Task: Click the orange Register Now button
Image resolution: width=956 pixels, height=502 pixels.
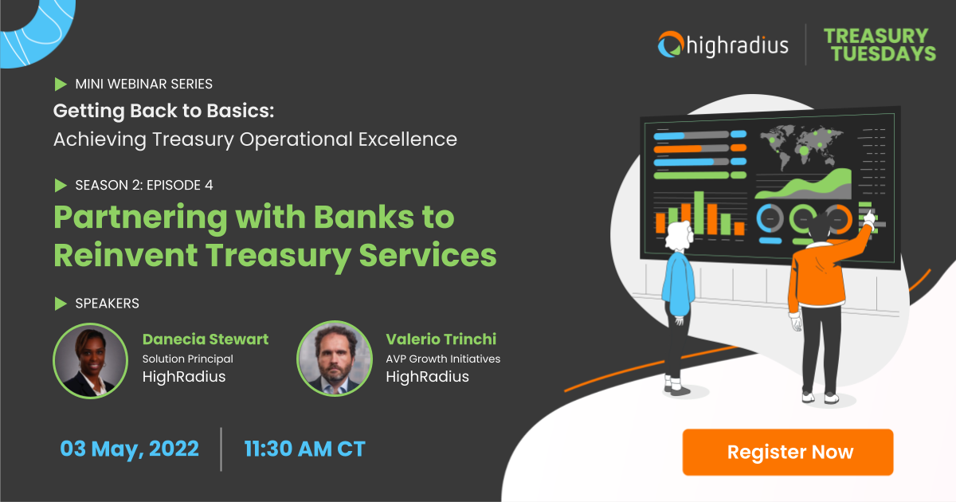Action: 788,452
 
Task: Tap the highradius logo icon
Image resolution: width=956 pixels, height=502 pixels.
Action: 671,44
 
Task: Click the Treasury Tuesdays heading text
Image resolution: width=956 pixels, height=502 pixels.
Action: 880,45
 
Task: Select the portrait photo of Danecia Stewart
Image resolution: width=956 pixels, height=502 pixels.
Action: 91,361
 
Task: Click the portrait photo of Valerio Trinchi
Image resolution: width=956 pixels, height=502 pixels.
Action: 335,359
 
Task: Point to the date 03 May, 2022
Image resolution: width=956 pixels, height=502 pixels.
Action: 129,449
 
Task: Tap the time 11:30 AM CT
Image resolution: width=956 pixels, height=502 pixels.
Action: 304,449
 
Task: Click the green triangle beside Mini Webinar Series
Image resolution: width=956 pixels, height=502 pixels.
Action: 61,84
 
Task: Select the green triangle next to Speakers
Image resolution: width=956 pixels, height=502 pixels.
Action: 61,304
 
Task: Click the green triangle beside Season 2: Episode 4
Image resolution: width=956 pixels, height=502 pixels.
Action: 61,185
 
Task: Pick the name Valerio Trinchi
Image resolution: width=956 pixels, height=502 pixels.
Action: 441,339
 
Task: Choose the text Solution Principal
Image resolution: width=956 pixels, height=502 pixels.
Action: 188,359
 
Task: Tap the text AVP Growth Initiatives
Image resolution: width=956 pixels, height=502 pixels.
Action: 443,359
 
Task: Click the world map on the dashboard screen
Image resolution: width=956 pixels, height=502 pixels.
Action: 801,145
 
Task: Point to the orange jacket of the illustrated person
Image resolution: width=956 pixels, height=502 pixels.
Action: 817,273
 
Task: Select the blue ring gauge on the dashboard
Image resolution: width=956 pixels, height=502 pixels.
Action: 770,219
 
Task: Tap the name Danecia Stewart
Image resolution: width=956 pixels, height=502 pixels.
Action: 206,339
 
